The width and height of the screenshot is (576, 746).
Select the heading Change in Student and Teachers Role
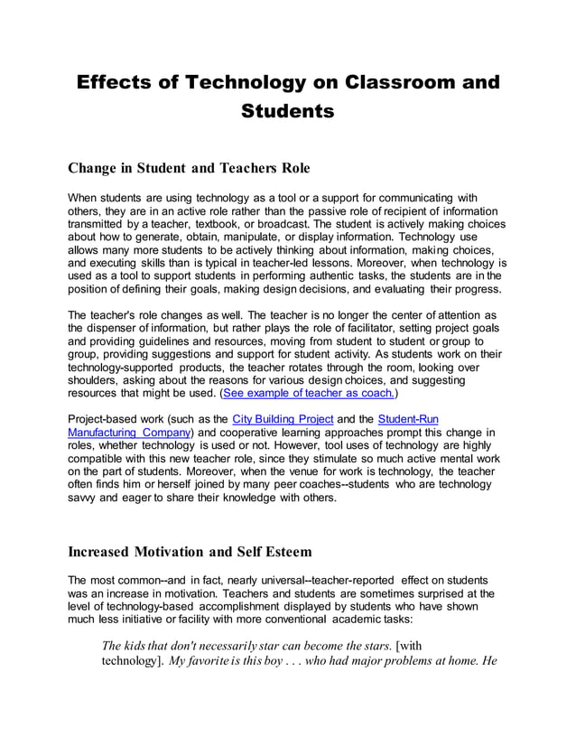189,168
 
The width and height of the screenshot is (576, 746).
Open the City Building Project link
283,419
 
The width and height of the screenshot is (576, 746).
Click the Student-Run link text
407,419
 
